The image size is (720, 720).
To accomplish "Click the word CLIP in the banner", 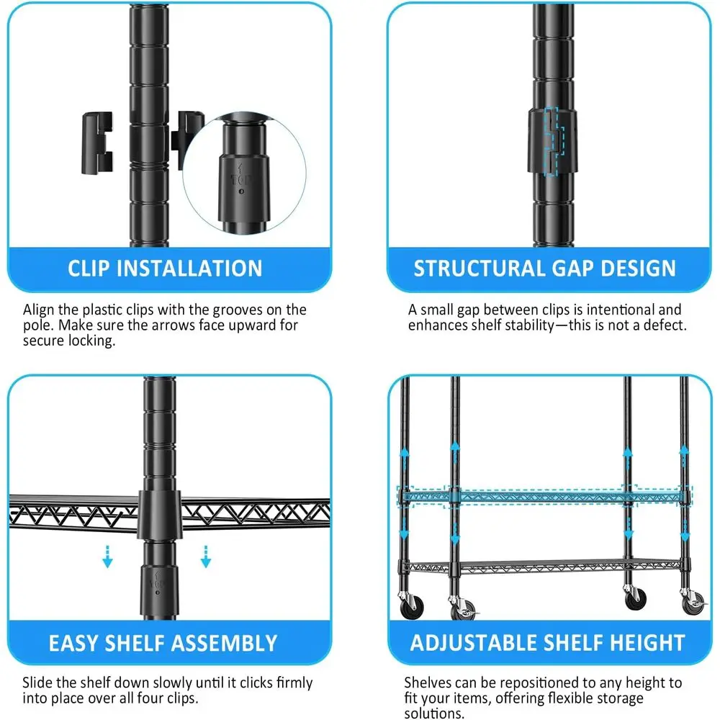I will (x=89, y=269).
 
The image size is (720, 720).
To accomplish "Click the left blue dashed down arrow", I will (x=108, y=556).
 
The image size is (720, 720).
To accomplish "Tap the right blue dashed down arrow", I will (x=205, y=556).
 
